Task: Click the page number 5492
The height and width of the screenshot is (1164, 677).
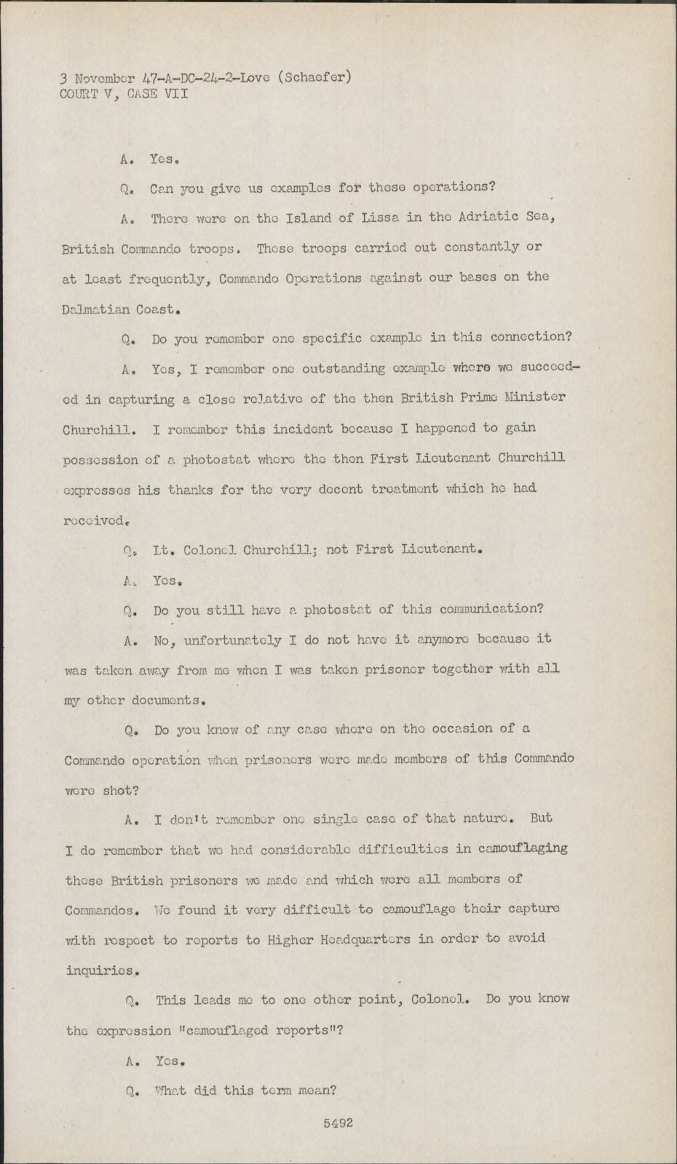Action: click(338, 1123)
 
